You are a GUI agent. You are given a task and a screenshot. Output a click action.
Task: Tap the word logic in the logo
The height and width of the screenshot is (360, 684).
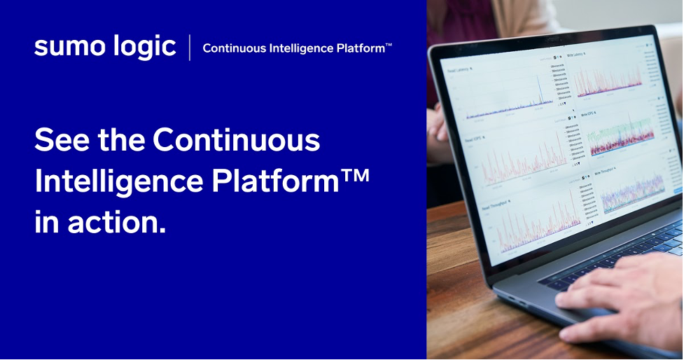[141, 47]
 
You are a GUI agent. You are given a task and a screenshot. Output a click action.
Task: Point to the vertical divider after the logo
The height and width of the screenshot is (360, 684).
[189, 48]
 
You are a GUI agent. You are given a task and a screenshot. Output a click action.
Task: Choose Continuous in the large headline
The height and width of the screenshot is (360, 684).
[237, 140]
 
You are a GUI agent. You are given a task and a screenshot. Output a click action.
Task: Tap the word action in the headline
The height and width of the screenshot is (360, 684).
[117, 222]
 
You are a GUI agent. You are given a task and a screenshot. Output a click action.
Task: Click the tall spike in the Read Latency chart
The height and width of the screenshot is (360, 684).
[539, 88]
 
